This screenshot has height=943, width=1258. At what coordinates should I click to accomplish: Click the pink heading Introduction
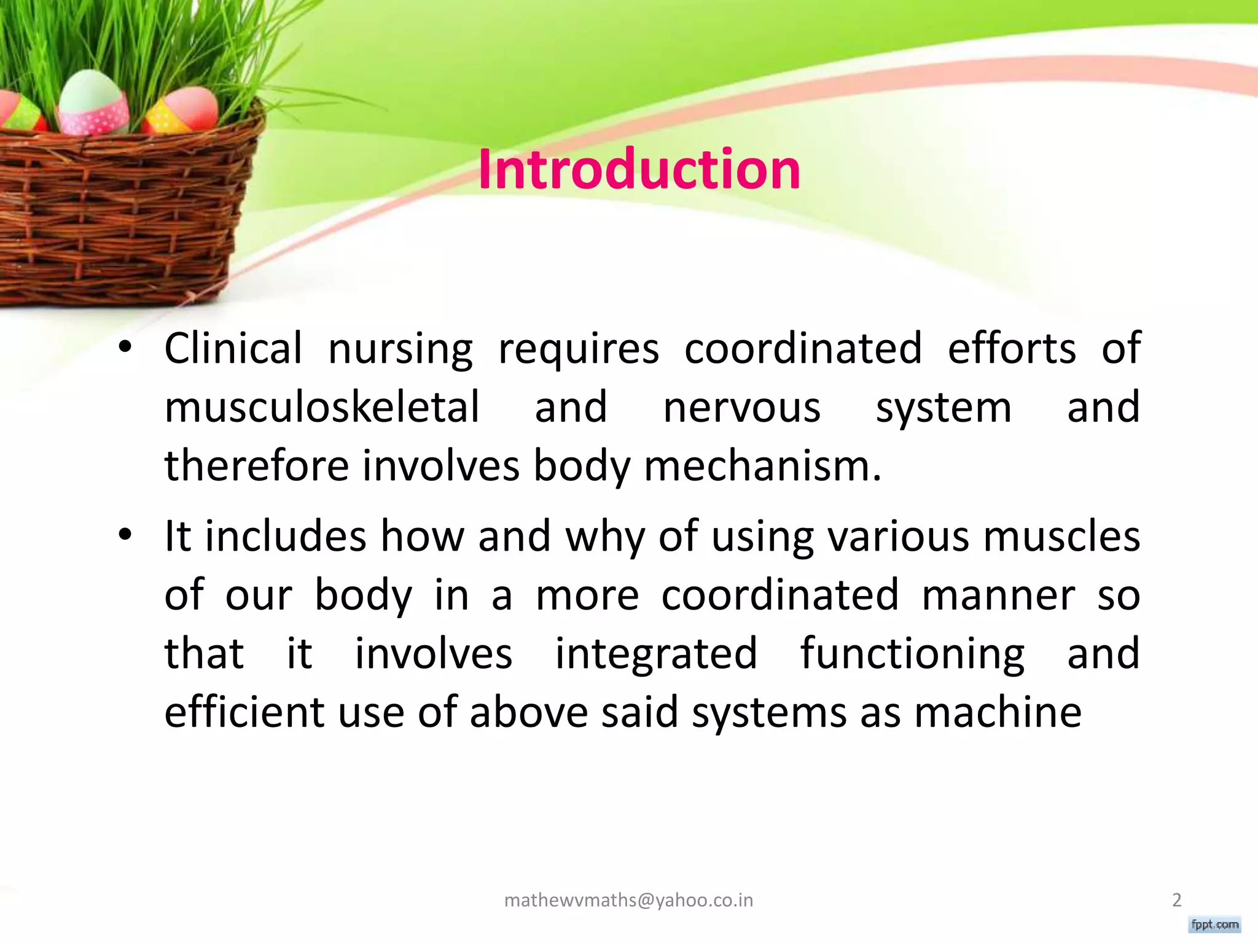639,169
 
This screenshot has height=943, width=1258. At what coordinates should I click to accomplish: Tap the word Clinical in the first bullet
233,349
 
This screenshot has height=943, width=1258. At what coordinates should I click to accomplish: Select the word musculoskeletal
321,408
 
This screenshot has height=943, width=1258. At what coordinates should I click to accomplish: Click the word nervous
741,408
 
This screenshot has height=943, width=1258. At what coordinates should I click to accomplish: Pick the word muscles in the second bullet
1061,537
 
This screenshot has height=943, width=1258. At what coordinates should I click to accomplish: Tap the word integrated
656,654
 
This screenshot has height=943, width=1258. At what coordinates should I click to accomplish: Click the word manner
998,596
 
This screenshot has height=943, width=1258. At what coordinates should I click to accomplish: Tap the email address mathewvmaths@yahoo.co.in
628,900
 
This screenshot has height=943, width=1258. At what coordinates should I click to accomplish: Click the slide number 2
1177,900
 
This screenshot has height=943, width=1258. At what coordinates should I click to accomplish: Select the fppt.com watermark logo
1214,925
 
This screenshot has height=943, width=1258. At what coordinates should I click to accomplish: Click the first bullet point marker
125,347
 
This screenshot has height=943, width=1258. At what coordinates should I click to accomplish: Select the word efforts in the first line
1012,349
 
